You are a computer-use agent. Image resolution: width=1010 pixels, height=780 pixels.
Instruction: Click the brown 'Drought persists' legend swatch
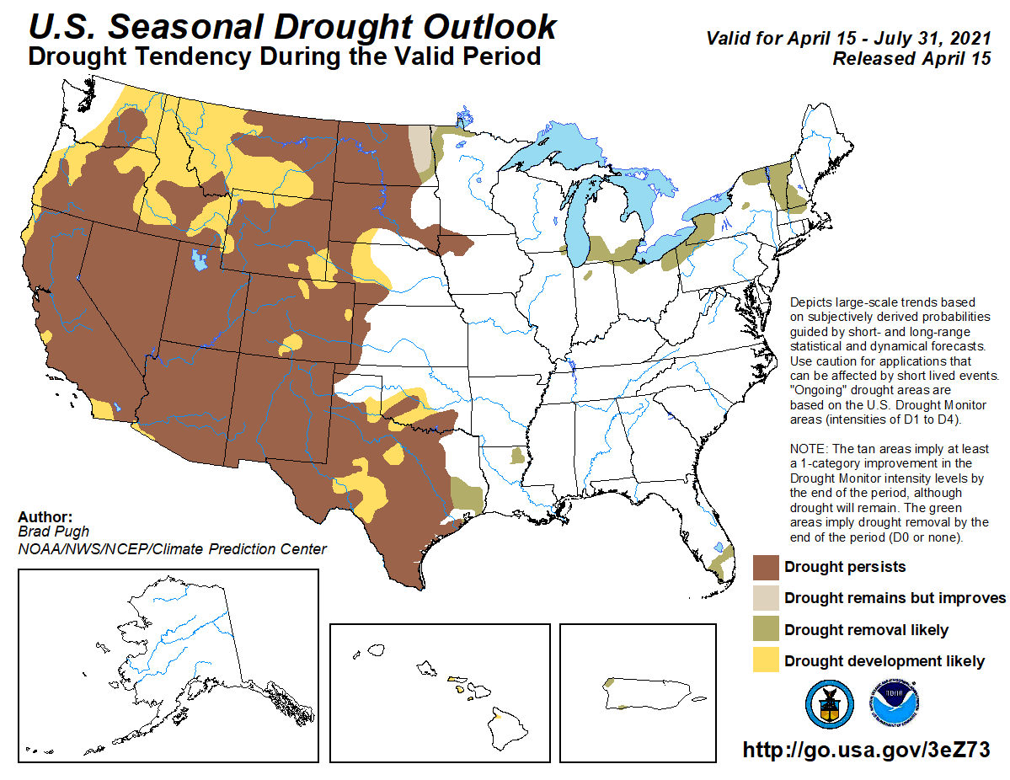[766, 567]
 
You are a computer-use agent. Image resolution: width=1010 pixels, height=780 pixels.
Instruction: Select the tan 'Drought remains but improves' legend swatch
[766, 598]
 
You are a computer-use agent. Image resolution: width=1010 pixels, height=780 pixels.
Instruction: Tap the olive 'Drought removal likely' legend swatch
[766, 630]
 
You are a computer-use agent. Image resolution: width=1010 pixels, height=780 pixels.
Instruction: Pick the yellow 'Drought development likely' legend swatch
[766, 661]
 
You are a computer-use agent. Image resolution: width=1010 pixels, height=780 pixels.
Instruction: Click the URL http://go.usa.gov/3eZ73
[865, 750]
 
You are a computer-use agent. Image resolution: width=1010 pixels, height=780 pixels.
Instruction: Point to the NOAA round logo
[895, 704]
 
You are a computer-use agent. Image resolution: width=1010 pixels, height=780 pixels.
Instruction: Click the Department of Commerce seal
[829, 704]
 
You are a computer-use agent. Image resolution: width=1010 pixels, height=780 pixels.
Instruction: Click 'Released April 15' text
[911, 59]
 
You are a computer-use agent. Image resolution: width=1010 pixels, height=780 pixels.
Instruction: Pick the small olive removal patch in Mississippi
[517, 457]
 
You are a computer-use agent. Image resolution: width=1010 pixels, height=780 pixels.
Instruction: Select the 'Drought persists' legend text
[845, 567]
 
